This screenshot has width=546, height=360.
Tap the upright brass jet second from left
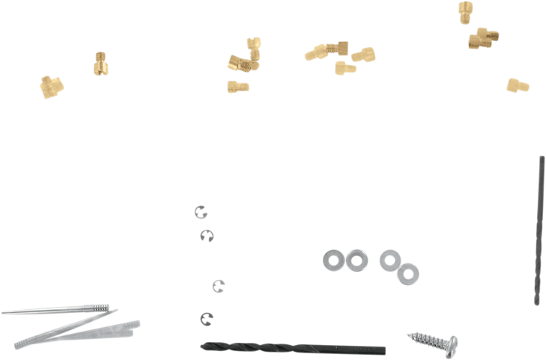(101, 62)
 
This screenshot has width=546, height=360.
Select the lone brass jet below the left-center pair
(237, 86)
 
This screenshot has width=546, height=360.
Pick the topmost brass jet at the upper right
(465, 12)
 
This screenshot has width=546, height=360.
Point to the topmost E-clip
(199, 212)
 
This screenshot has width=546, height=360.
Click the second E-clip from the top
(207, 236)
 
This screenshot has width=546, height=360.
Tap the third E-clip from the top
(218, 285)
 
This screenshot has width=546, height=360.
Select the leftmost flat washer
(332, 259)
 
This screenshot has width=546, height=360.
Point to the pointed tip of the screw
(407, 334)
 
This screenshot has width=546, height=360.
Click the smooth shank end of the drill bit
(367, 348)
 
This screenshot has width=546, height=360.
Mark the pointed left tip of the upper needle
(4, 311)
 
